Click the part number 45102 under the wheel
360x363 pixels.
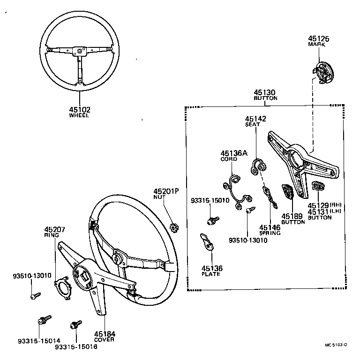[80, 109]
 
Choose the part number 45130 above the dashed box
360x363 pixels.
[265, 93]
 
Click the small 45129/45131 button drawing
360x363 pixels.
[317, 187]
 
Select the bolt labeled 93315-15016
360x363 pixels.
[75, 325]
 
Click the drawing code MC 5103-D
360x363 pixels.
[336, 346]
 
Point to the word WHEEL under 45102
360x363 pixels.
[79, 115]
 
